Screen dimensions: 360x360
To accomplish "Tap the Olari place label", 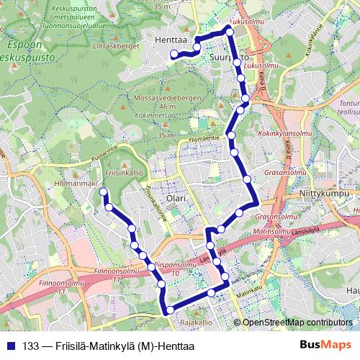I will click(x=175, y=197).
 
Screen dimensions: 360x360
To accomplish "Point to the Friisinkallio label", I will click(x=120, y=174).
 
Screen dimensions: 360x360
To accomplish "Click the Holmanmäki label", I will click(x=74, y=184).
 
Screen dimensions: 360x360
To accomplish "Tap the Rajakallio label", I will click(x=194, y=322).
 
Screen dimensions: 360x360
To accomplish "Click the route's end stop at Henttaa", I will click(x=174, y=53).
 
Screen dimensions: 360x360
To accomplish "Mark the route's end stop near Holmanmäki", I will click(x=103, y=192).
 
